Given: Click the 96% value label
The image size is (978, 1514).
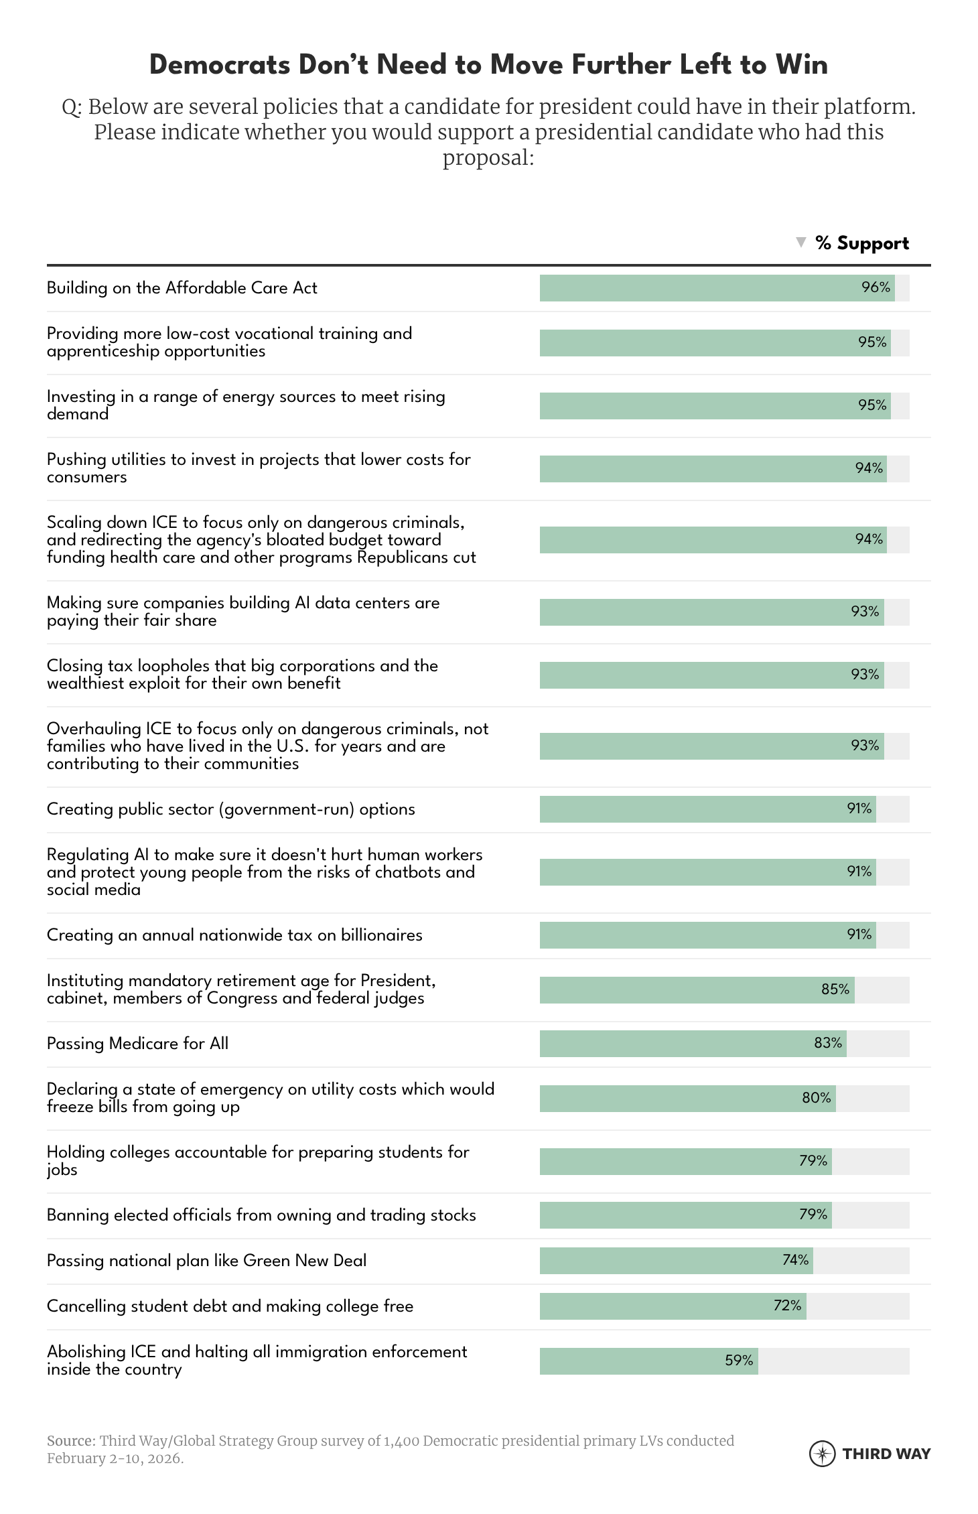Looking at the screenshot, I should tap(876, 288).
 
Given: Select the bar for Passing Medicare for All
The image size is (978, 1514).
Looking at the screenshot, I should tap(693, 1044).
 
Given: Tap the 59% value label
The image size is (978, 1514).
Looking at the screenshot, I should tap(739, 1360).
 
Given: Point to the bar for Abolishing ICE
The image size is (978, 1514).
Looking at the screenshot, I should tap(648, 1361).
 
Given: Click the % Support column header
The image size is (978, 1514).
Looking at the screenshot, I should tap(861, 243).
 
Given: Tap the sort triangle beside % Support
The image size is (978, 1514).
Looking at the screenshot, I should tap(800, 243).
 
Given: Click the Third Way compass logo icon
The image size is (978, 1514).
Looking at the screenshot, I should tap(822, 1453).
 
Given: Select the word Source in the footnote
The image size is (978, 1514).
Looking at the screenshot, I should tap(70, 1440).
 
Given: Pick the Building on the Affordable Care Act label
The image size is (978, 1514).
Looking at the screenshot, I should tap(182, 288).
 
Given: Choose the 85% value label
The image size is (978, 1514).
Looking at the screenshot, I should tap(835, 989).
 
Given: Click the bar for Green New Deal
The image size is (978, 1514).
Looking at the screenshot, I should tap(676, 1261).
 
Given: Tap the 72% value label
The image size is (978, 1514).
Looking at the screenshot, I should tap(787, 1306).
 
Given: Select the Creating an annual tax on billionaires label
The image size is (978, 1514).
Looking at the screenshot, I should tap(234, 935).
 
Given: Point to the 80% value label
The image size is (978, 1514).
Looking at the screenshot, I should tap(816, 1098).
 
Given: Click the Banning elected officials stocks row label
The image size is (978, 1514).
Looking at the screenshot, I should tap(261, 1215).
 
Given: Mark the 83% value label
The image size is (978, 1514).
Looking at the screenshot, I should tap(828, 1043).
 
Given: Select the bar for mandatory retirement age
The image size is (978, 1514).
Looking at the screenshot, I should tap(697, 990).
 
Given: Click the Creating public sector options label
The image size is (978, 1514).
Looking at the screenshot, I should tap(230, 809).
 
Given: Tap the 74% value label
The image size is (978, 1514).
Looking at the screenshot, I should tap(795, 1260).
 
